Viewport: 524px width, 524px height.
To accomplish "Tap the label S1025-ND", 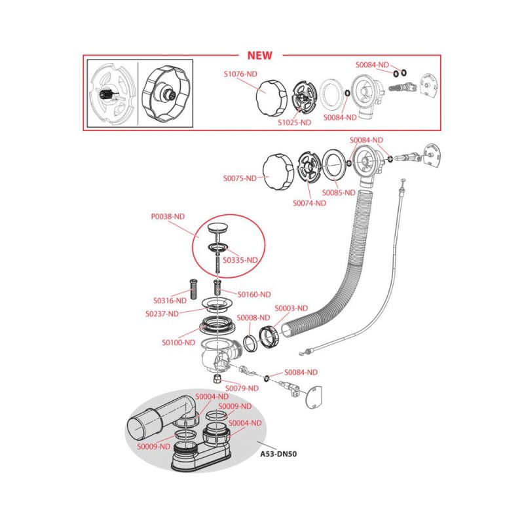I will click(x=295, y=122).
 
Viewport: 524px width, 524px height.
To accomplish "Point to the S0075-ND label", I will click(x=240, y=178).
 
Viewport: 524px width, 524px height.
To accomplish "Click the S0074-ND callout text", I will click(x=309, y=203).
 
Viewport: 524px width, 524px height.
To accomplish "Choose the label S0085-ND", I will click(x=338, y=193).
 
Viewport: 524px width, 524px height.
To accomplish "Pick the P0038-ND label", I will click(x=168, y=215).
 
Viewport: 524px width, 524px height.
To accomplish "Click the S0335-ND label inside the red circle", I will click(x=240, y=260).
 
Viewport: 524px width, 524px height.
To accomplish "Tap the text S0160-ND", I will click(x=253, y=294).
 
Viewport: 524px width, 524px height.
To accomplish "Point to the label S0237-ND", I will click(x=162, y=314).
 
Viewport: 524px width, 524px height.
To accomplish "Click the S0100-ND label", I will click(x=178, y=342).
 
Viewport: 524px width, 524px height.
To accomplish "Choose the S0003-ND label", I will click(x=291, y=308).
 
